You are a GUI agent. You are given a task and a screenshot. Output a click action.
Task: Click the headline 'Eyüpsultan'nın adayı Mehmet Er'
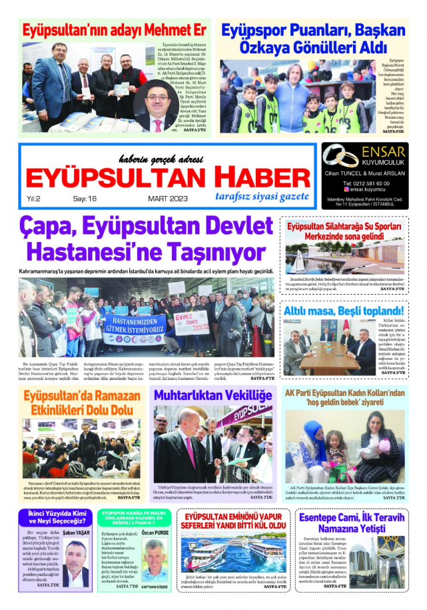tap(114, 31)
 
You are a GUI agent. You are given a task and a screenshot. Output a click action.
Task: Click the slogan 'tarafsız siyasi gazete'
tap(262, 196)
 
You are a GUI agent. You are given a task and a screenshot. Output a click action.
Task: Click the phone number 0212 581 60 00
tap(366, 183)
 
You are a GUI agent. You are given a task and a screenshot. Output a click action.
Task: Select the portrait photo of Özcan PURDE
tap(155, 562)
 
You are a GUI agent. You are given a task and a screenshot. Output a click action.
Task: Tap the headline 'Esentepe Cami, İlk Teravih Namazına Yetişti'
tap(351, 523)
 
